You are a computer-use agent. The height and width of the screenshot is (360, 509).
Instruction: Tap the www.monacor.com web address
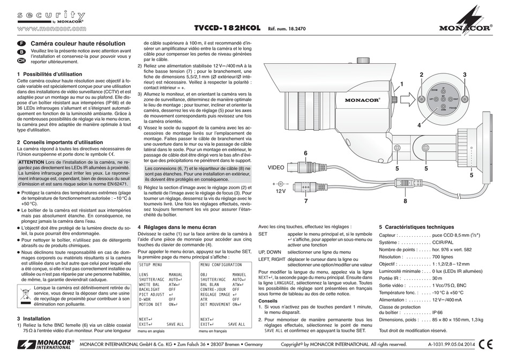coord(51,28)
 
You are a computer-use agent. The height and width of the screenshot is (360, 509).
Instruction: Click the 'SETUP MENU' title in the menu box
coord(150,265)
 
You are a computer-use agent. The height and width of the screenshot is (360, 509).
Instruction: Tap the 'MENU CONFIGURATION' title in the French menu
coord(220,265)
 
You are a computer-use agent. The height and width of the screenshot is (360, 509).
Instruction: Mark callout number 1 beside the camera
coord(400,84)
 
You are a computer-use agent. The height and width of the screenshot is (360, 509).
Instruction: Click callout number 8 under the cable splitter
coord(405,201)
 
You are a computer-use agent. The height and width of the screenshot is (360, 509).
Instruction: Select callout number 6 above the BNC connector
coord(305,153)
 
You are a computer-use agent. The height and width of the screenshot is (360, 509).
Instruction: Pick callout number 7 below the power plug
coord(305,201)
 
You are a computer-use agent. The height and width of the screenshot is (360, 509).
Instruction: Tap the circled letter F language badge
coord(22,42)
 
